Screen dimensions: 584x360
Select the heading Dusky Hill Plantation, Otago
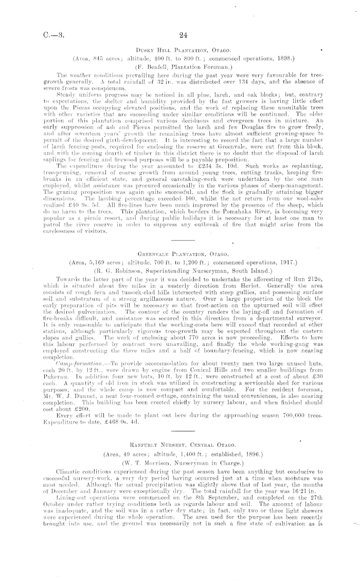(179, 49)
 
